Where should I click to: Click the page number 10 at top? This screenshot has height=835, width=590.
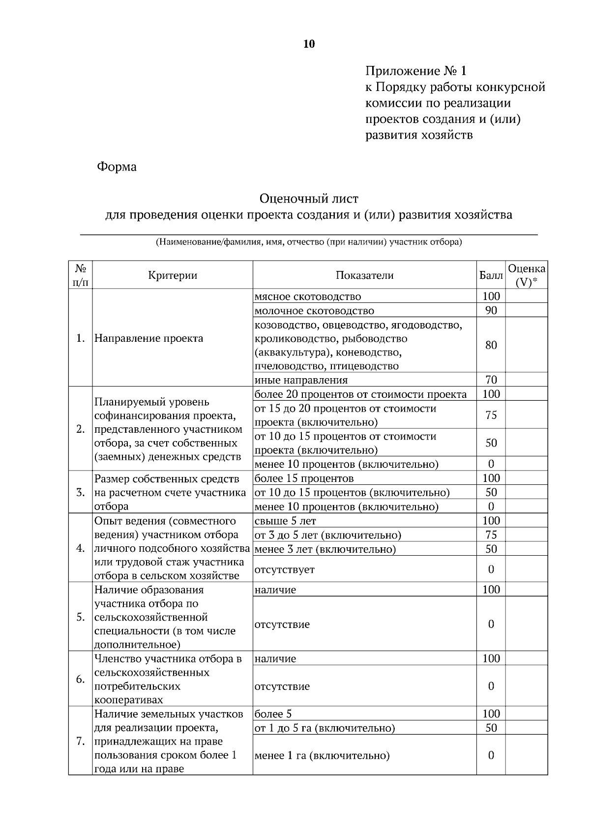click(x=309, y=44)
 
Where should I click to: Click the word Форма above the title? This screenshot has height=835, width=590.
click(x=117, y=167)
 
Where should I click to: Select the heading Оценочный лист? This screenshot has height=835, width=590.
click(x=309, y=199)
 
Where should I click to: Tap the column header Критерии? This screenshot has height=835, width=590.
click(x=173, y=275)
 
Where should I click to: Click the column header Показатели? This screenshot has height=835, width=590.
click(x=364, y=275)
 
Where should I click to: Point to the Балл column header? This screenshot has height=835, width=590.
click(x=491, y=275)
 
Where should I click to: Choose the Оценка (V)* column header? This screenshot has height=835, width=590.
click(x=527, y=275)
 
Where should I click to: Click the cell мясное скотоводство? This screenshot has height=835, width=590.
click(x=308, y=297)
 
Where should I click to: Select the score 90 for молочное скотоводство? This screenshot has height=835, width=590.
click(x=491, y=310)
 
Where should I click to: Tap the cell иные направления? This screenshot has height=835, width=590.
click(x=301, y=380)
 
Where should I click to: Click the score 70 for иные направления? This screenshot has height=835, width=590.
click(x=491, y=380)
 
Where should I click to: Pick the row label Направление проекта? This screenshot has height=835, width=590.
click(x=148, y=338)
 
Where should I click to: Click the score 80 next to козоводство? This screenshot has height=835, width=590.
click(x=491, y=345)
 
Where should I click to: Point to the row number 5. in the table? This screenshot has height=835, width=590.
click(x=80, y=617)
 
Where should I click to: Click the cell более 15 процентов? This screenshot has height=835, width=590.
click(x=304, y=478)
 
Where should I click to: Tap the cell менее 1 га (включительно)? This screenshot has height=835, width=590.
click(x=322, y=755)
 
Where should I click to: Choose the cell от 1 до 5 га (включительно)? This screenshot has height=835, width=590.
click(x=324, y=728)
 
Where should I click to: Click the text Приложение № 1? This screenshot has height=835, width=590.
click(x=415, y=71)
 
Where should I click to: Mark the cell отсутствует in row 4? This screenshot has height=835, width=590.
click(x=284, y=569)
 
